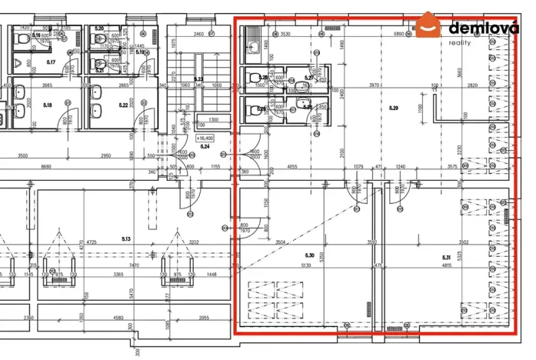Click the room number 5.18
(47, 105)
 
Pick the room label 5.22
(122, 105)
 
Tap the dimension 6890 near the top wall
(399, 35)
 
